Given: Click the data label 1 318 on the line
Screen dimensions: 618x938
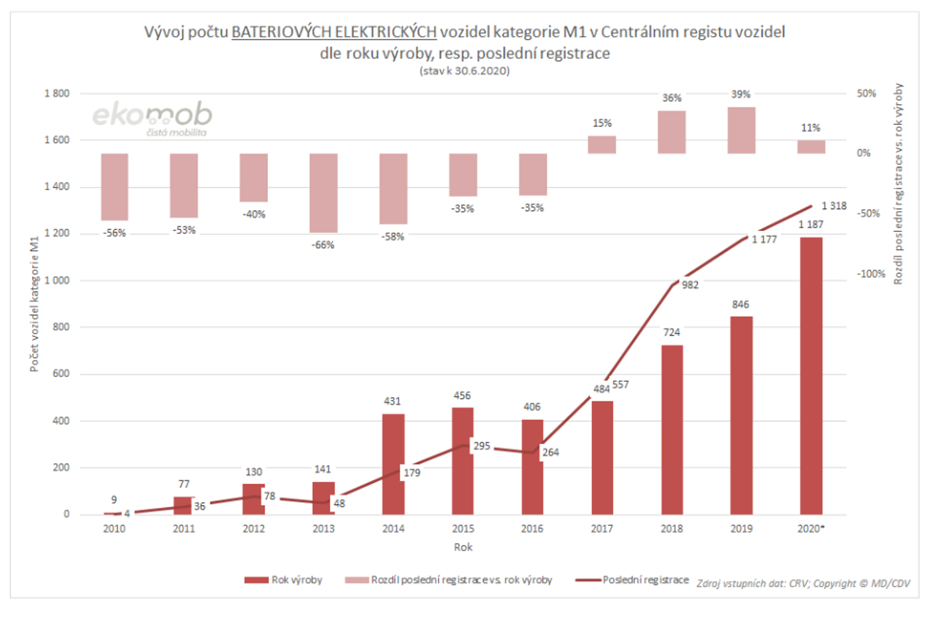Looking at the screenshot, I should click(834, 206).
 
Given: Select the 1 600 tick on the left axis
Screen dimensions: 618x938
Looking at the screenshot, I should click(57, 140).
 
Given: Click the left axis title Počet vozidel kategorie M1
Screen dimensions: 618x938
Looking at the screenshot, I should click(34, 304).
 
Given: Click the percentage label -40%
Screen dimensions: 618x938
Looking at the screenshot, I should click(254, 215).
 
